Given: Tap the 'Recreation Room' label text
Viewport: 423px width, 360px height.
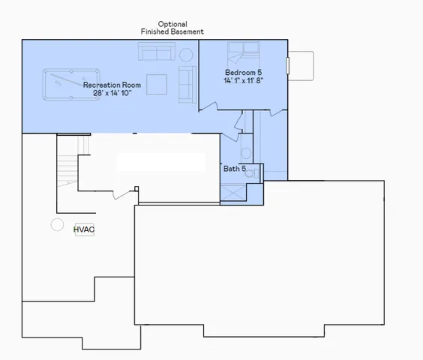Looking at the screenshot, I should [112, 85].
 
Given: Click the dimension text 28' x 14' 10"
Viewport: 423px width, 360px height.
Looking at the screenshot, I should [112, 94].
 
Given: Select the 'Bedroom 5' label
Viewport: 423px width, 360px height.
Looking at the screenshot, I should [243, 71].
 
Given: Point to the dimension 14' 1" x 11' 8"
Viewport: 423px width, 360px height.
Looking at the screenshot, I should [243, 79].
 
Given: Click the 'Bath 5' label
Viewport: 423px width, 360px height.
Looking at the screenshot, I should [234, 169].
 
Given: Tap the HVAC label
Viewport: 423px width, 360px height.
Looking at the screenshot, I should [84, 229].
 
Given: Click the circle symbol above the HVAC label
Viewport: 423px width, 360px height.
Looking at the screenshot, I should [57, 224].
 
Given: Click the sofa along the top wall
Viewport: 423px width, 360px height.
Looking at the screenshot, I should [156, 52].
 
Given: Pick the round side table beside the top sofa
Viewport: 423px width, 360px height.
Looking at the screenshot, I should [185, 55].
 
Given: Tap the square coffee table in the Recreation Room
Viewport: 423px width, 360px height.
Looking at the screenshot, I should [156, 84].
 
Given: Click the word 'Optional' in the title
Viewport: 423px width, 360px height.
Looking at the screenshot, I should [172, 24].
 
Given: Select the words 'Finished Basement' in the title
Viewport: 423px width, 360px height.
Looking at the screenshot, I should [172, 32].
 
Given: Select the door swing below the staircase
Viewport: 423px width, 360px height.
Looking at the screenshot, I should [121, 193].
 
